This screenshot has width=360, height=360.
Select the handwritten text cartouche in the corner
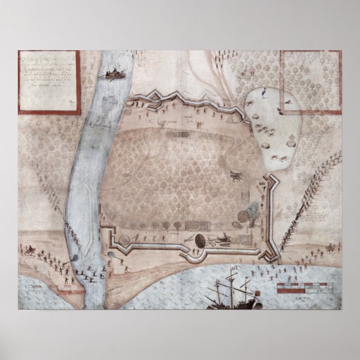(49, 81)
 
